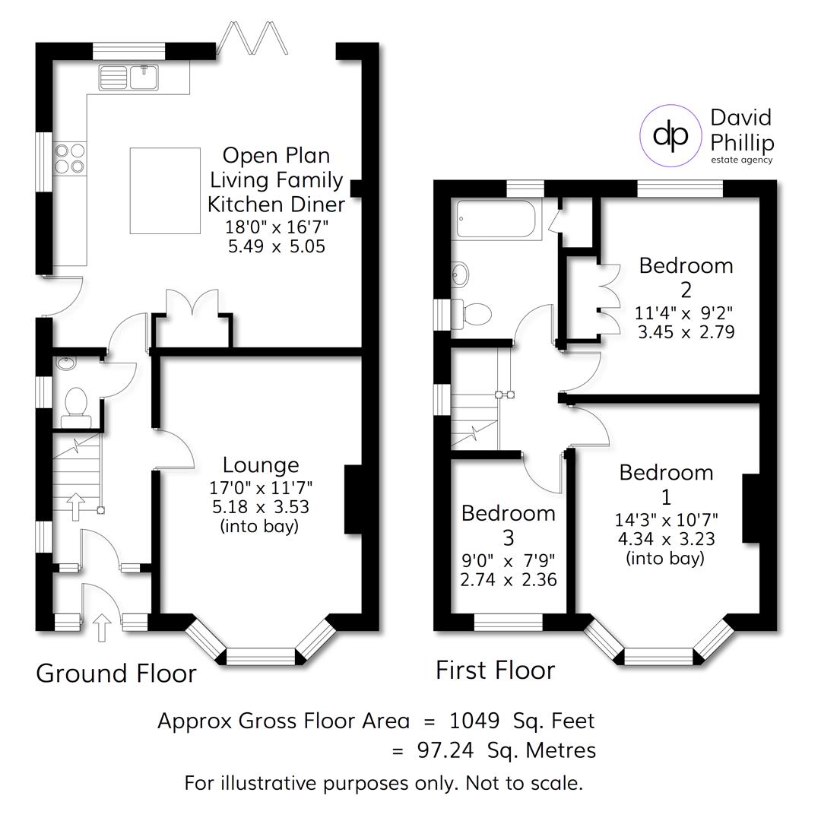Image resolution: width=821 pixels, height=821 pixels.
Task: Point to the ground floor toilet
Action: (75, 402)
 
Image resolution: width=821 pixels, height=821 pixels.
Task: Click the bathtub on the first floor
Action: (497, 220)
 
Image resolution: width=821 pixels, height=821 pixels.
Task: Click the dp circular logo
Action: (670, 135)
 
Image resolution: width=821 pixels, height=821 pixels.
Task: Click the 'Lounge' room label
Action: (260, 464)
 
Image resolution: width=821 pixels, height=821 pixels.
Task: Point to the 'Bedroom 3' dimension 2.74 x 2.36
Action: (508, 579)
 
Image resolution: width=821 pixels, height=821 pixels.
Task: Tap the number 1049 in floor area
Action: (474, 720)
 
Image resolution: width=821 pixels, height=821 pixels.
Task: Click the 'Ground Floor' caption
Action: (116, 674)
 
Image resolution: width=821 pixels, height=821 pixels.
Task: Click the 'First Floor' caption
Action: (495, 670)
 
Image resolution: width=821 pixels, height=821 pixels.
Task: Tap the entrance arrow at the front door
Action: (103, 628)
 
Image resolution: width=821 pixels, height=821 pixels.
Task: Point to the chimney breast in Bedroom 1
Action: (751, 508)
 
